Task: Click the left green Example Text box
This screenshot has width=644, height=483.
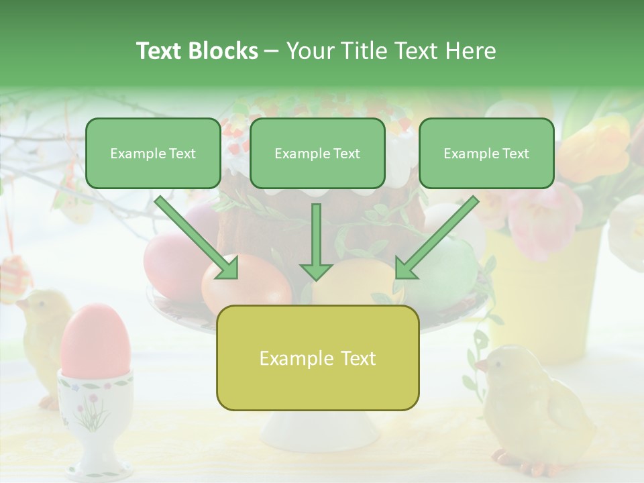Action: coord(153,153)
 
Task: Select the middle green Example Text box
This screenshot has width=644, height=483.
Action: coord(317,153)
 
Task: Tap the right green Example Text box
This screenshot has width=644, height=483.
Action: coord(486,153)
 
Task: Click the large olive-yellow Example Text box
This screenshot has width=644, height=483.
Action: coord(317,358)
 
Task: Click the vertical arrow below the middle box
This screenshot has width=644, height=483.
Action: coord(316,241)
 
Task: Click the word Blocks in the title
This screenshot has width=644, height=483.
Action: coord(223,51)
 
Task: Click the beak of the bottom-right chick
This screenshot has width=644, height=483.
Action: coord(480,366)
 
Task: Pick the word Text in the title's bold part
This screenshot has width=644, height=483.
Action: coord(159,51)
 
